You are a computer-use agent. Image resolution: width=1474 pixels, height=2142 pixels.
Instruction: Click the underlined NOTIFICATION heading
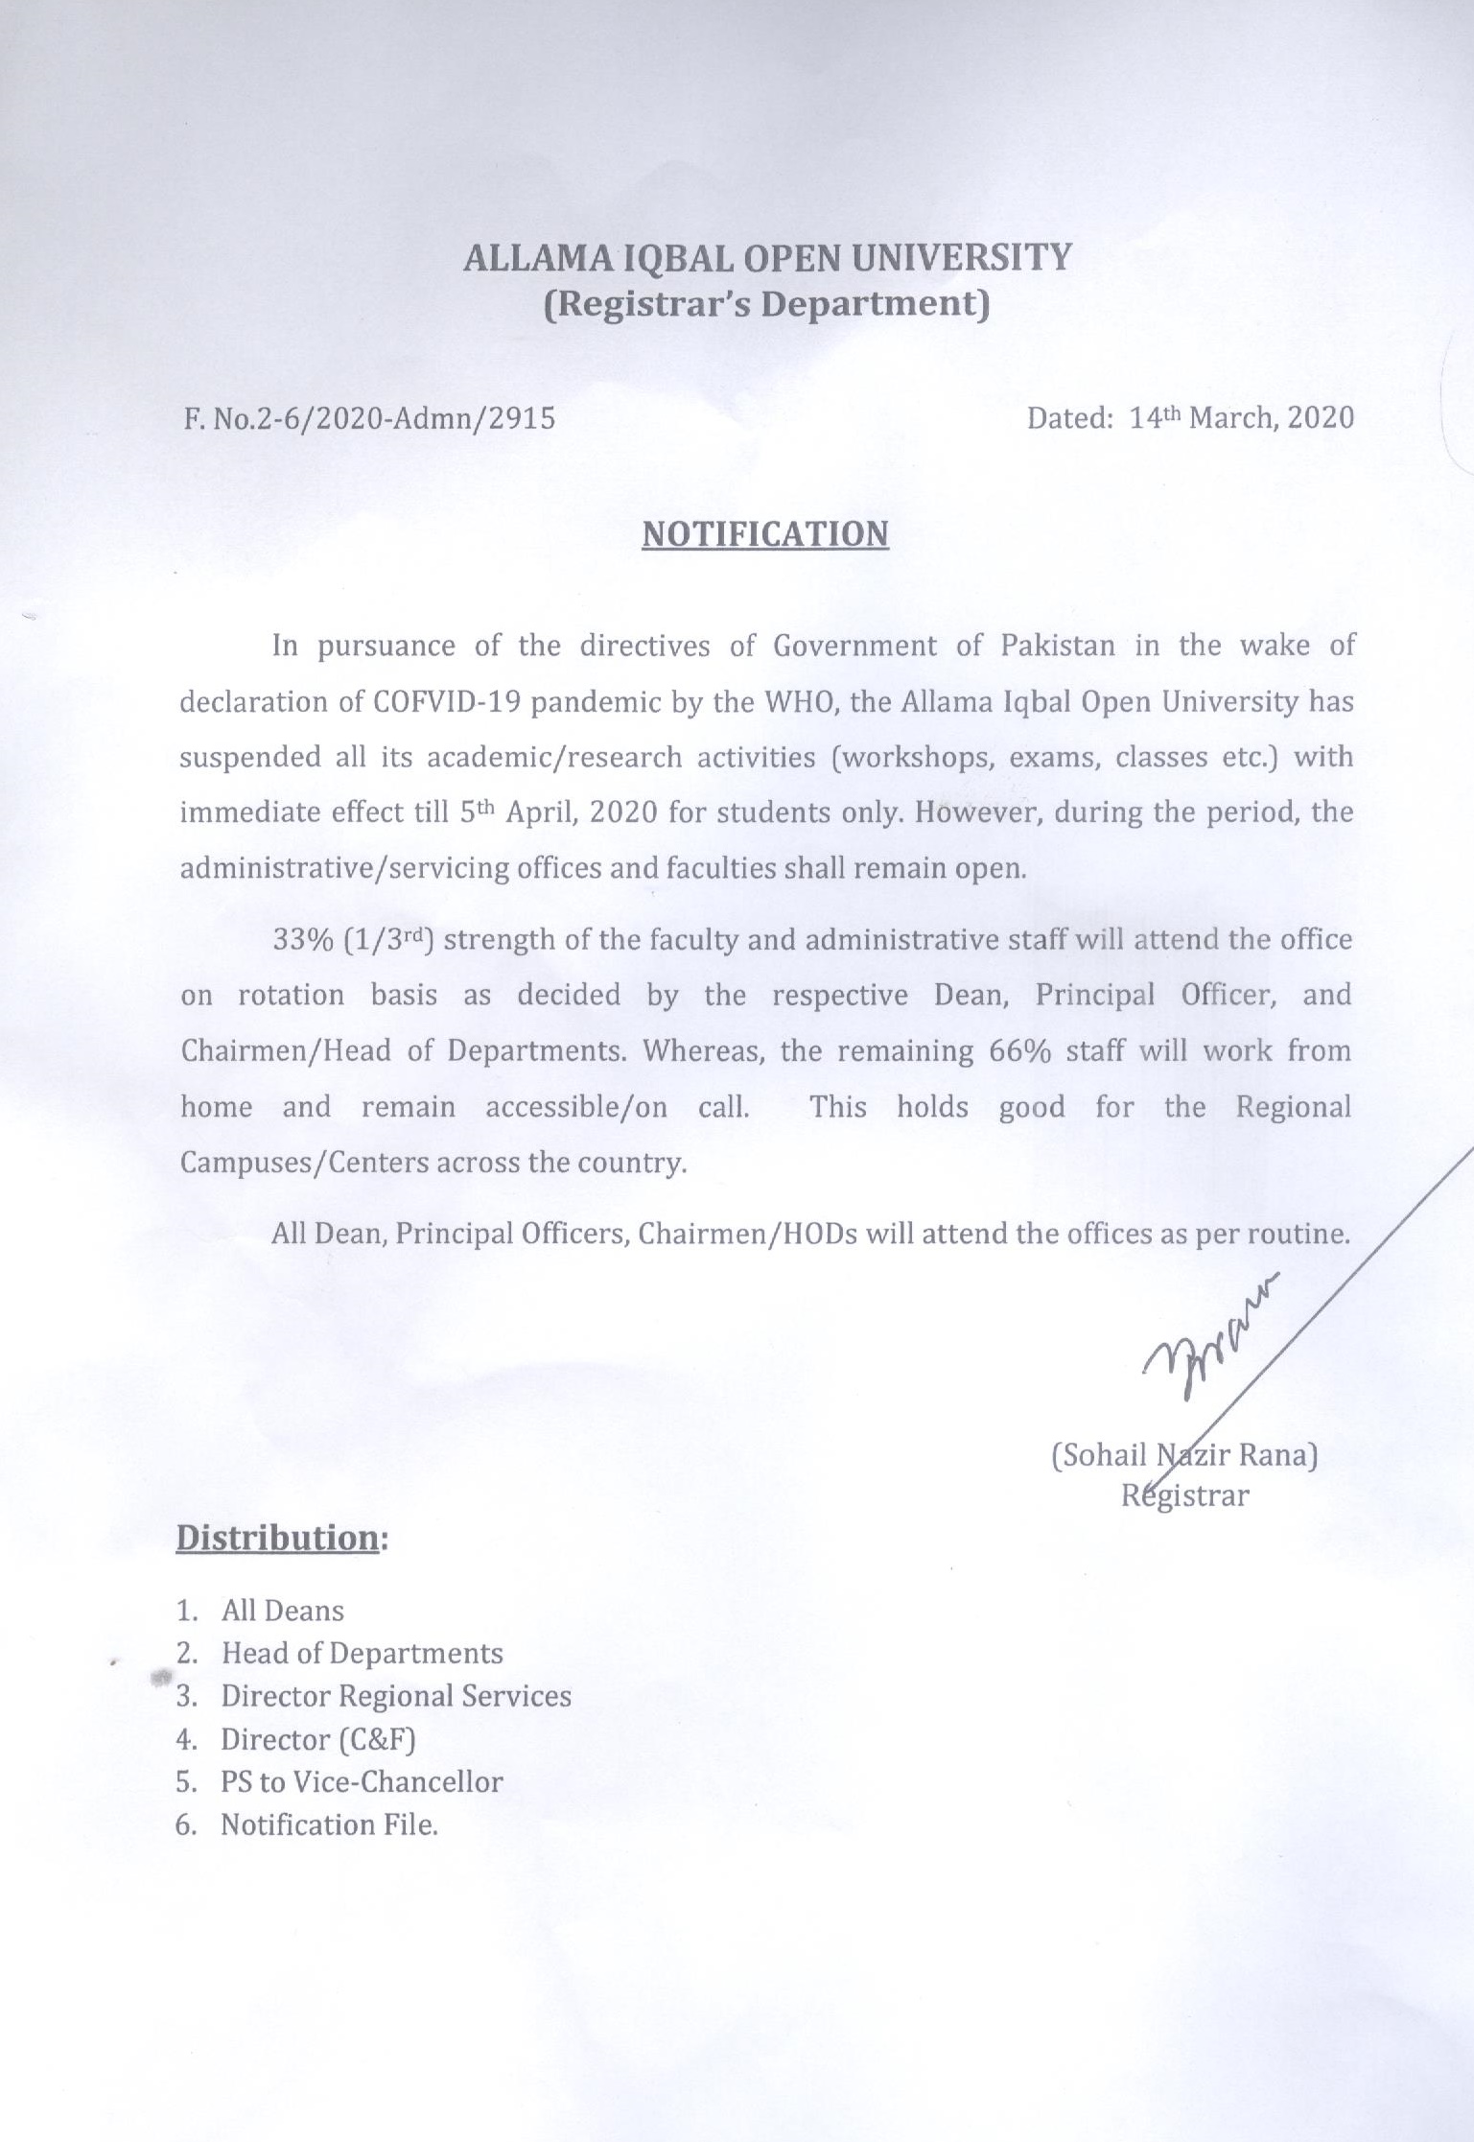[765, 534]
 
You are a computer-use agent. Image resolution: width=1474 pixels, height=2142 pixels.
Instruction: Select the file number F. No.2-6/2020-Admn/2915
[368, 418]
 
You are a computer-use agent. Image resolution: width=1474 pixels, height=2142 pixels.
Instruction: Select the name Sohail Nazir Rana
[1184, 1455]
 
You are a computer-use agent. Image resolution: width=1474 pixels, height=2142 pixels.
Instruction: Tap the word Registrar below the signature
[1185, 1495]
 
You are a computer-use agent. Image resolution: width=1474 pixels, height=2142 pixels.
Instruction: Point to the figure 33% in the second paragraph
[302, 939]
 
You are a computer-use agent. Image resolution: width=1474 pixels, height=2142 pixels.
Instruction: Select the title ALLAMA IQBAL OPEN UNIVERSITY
[766, 258]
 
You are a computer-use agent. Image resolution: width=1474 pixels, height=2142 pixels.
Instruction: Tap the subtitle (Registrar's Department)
[766, 304]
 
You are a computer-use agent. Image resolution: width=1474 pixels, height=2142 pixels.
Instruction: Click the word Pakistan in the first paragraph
[1058, 646]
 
